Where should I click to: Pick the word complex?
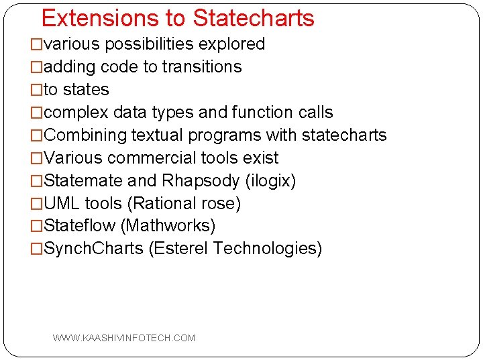pos(76,113)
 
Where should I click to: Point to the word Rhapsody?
pos(201,181)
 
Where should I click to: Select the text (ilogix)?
pos(271,181)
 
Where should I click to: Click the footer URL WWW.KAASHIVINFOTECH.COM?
pos(124,338)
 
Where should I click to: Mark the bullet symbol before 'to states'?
pos(37,90)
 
